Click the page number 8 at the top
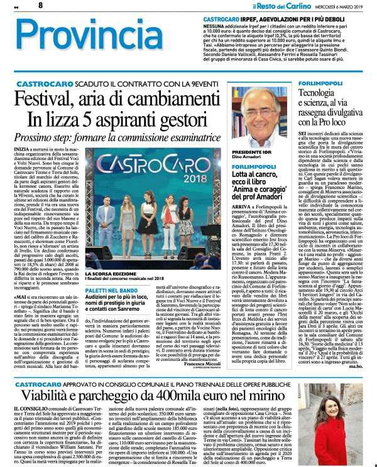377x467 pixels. pyautogui.click(x=40, y=5)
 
